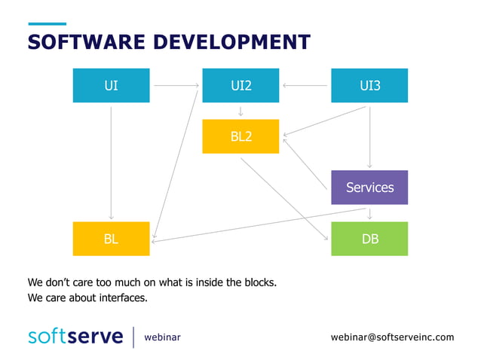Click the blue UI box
(111, 86)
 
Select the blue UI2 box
(240, 86)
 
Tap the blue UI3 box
(369, 86)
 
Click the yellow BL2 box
(240, 136)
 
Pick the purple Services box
(369, 188)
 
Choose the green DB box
(369, 239)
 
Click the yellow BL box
(111, 239)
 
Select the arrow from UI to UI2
(176, 86)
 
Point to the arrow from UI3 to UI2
(305, 86)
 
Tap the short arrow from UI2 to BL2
(240, 111)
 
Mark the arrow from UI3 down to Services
(369, 136)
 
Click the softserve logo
(75, 336)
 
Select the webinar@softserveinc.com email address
(393, 337)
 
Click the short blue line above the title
(47, 23)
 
